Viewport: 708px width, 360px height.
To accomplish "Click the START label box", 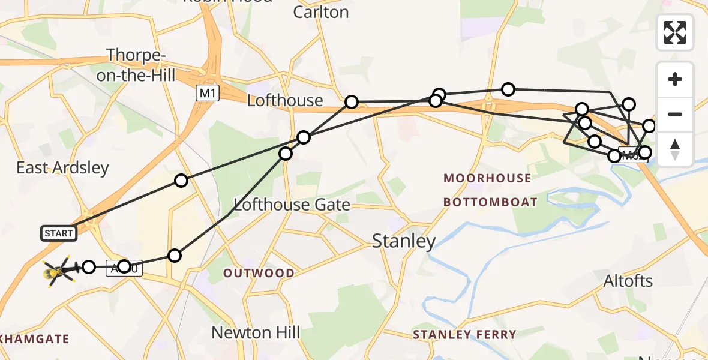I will click(x=59, y=233).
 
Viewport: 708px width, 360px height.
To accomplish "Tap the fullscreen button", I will click(x=675, y=32).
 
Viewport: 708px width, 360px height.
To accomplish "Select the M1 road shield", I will click(x=206, y=93).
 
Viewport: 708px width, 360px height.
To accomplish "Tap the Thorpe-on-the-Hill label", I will click(x=142, y=65).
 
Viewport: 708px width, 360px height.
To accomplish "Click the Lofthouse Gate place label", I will click(x=292, y=205).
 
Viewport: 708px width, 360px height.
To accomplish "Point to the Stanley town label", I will click(x=404, y=241).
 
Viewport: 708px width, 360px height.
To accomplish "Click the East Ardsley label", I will click(x=62, y=167).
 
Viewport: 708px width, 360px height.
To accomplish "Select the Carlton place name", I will click(x=320, y=12).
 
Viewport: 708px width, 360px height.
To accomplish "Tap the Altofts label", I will click(x=628, y=281).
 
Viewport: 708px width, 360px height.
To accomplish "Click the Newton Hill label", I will click(x=256, y=332).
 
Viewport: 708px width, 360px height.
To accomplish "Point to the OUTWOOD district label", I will click(x=259, y=274).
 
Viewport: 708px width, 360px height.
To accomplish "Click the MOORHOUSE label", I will click(x=487, y=178).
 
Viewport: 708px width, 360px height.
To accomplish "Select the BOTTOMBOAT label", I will click(x=490, y=202).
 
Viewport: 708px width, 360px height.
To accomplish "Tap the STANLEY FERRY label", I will click(x=464, y=334).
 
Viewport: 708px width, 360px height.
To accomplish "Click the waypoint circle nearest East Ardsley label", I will click(x=181, y=181).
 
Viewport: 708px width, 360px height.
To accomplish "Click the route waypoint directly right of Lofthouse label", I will click(x=352, y=102).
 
